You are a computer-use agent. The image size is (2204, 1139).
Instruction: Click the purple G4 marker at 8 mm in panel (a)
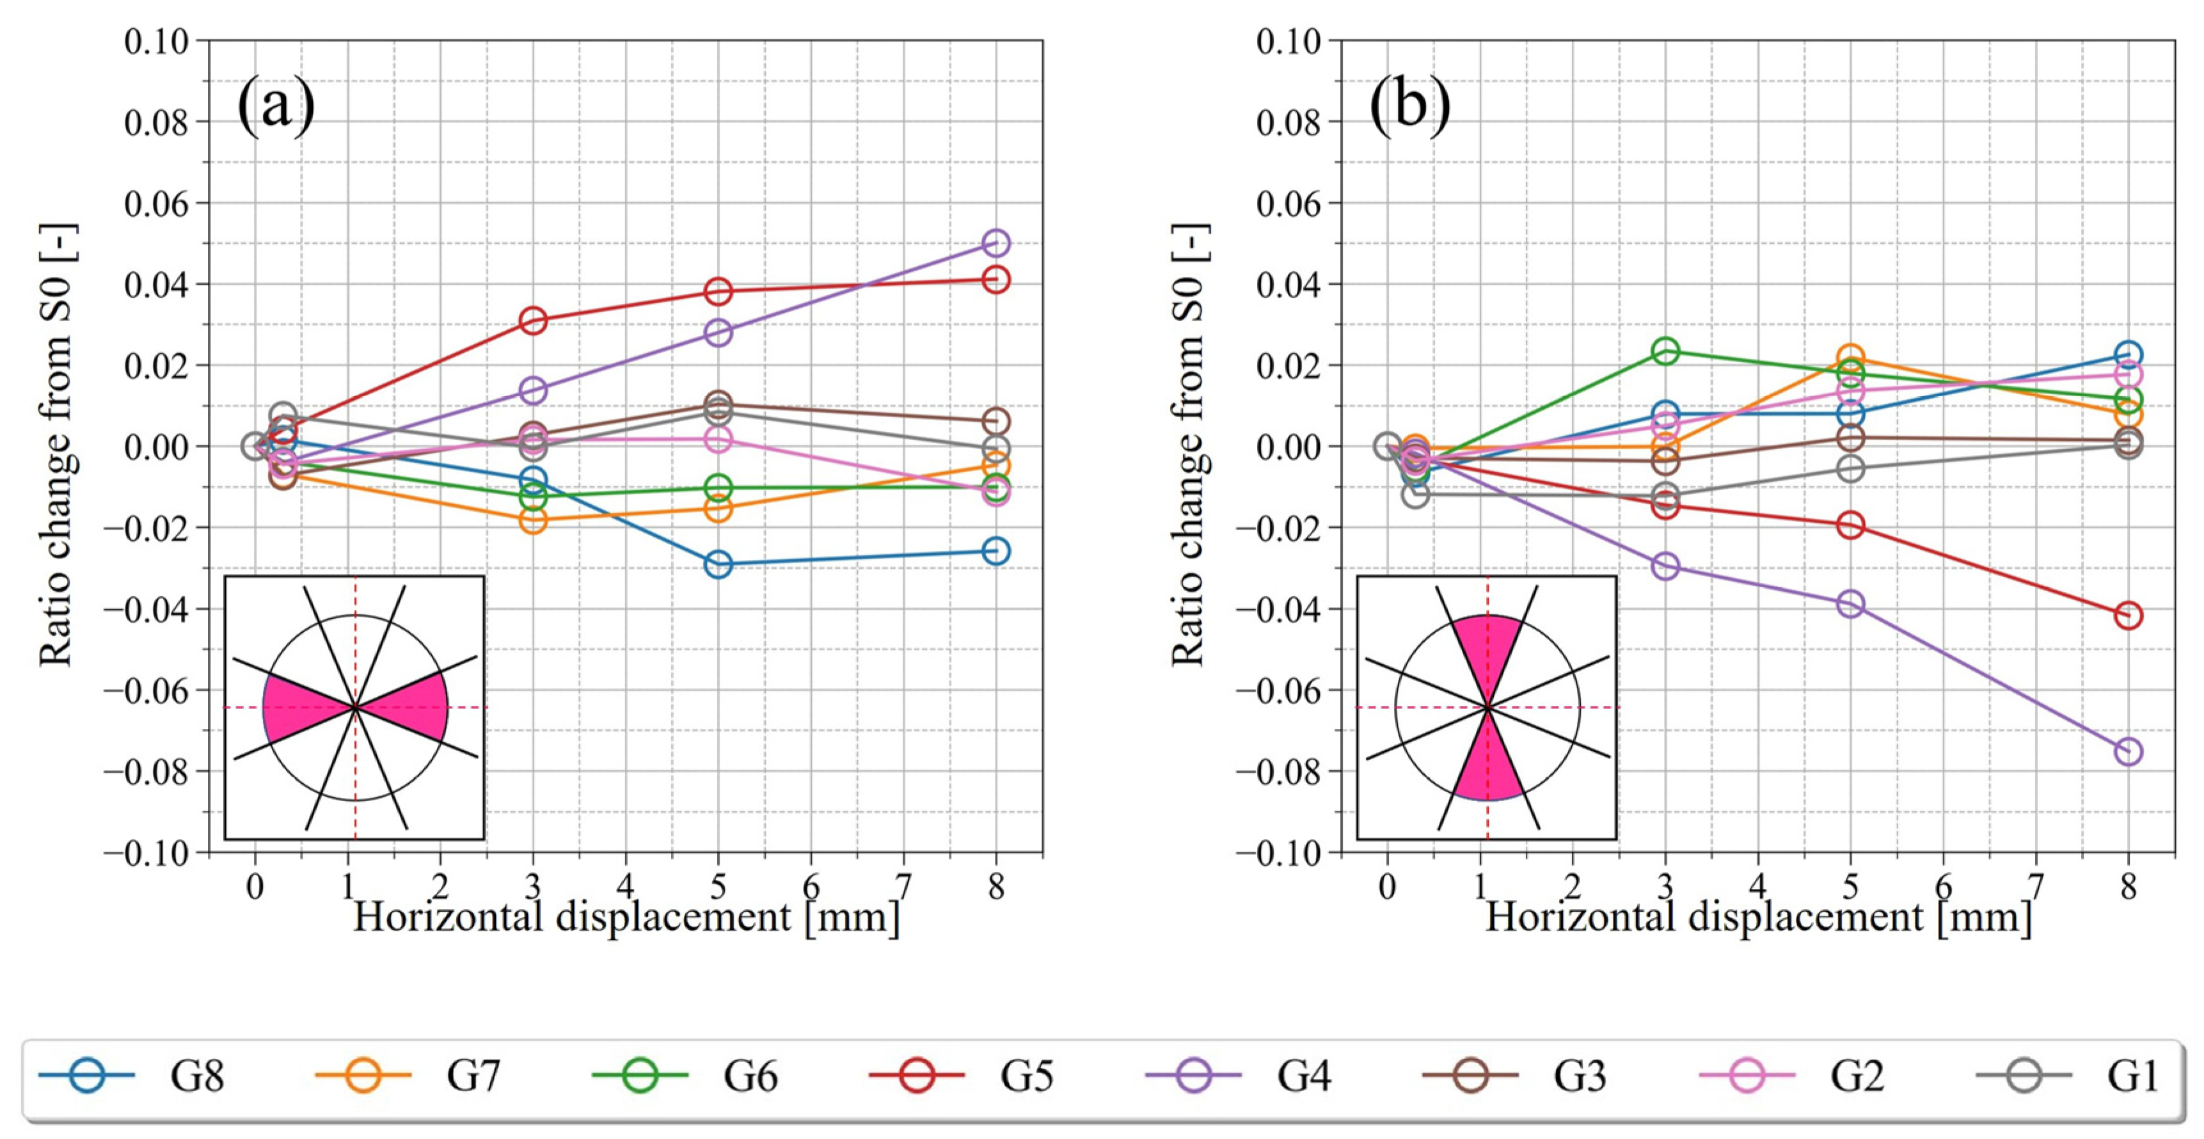[996, 243]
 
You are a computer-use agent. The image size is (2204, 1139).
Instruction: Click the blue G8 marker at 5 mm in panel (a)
[718, 564]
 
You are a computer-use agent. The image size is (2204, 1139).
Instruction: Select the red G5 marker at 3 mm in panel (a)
[533, 321]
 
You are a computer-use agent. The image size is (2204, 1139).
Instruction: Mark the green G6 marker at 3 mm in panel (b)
[1665, 351]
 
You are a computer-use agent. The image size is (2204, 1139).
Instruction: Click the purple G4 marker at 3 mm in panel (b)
[1665, 566]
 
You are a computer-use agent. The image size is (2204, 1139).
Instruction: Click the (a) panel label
[276, 105]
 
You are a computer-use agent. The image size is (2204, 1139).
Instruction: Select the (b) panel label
[1410, 105]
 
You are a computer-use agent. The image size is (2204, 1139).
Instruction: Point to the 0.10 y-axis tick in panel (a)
[157, 41]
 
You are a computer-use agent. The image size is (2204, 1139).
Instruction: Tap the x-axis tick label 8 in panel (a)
[996, 886]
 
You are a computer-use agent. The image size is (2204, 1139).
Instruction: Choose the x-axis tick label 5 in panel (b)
[1850, 886]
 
